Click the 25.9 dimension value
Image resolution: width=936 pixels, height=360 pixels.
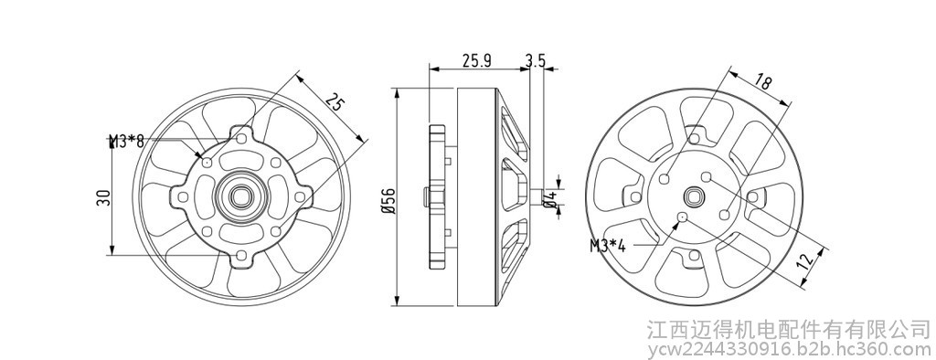click(476, 60)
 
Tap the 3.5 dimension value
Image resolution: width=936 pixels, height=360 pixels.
click(536, 60)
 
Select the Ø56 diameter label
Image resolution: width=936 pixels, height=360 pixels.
click(389, 201)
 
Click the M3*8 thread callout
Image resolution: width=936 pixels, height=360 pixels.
click(127, 142)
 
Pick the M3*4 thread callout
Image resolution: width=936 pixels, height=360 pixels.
click(608, 246)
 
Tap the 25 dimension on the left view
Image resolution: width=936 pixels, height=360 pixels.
click(335, 102)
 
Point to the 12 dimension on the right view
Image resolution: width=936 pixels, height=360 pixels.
click(807, 260)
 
